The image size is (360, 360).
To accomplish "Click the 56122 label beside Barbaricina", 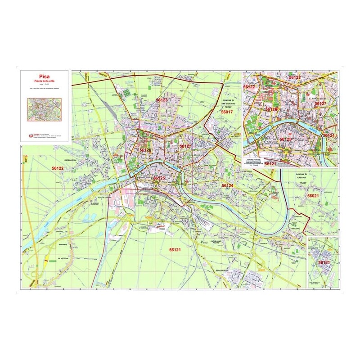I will (x=58, y=168).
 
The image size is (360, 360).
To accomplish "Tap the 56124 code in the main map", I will (x=227, y=185).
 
